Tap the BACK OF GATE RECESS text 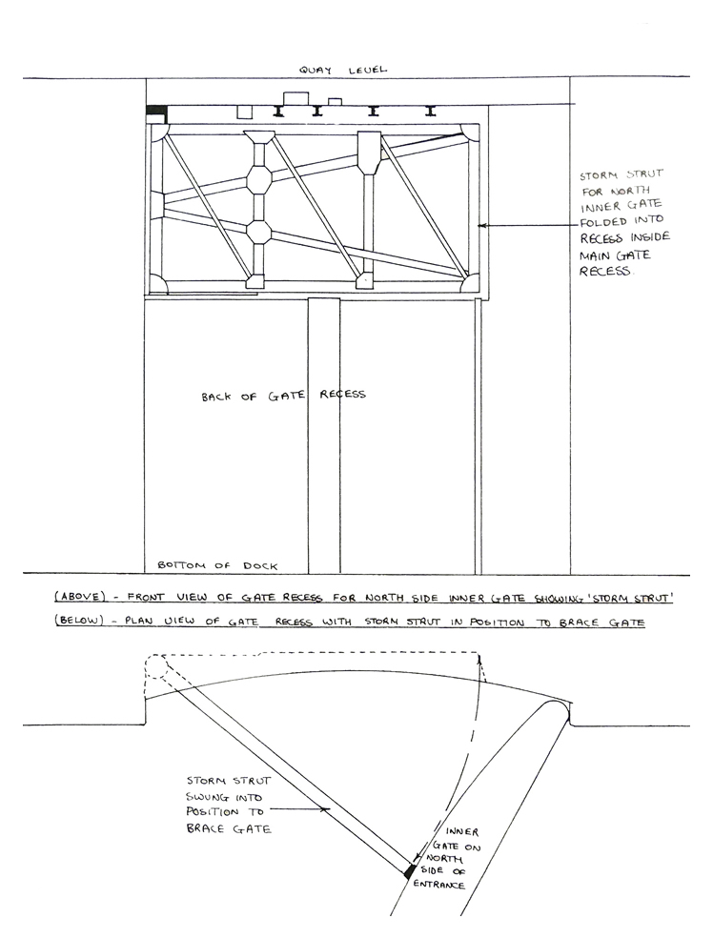[x=283, y=395]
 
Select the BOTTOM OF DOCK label [x=212, y=564]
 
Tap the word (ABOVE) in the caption [x=79, y=598]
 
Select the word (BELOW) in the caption [x=79, y=622]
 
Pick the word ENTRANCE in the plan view [x=439, y=886]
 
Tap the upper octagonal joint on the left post [x=259, y=179]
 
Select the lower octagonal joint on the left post [x=259, y=232]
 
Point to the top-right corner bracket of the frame [x=468, y=131]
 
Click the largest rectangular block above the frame [x=295, y=98]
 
